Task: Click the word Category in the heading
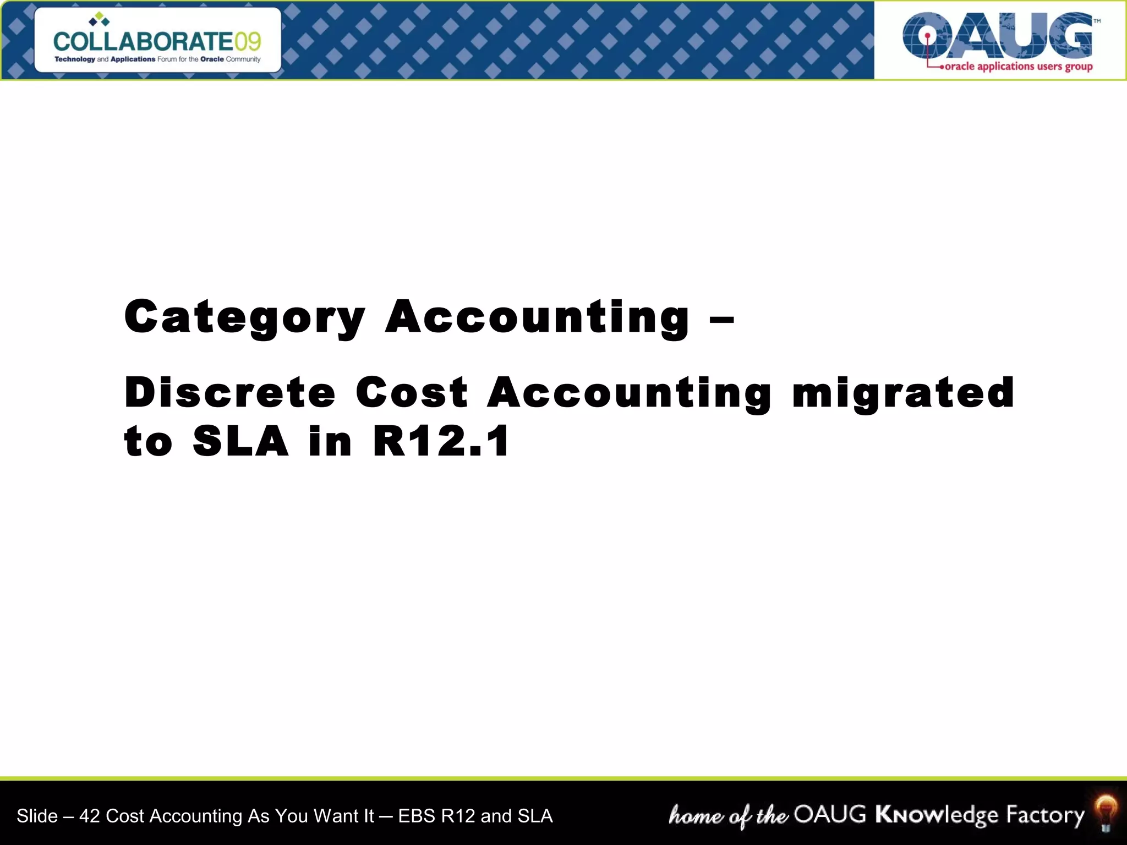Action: (x=245, y=317)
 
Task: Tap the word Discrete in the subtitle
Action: (x=230, y=393)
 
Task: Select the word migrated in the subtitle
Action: (x=903, y=393)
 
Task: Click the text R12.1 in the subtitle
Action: (x=442, y=441)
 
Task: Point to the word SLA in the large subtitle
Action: (x=240, y=441)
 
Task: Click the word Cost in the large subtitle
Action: (x=412, y=393)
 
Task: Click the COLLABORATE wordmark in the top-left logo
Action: (x=143, y=42)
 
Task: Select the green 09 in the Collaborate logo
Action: (x=248, y=42)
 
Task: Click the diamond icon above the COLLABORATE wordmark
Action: (x=100, y=20)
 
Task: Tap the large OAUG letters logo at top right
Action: (x=997, y=36)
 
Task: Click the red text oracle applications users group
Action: (x=1018, y=67)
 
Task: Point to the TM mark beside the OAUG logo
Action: (x=1097, y=21)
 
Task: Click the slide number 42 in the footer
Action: (x=90, y=816)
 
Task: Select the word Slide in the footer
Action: (x=37, y=816)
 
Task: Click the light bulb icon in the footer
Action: (x=1106, y=813)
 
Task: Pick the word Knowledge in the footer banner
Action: (x=937, y=815)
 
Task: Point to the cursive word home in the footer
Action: (x=696, y=815)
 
